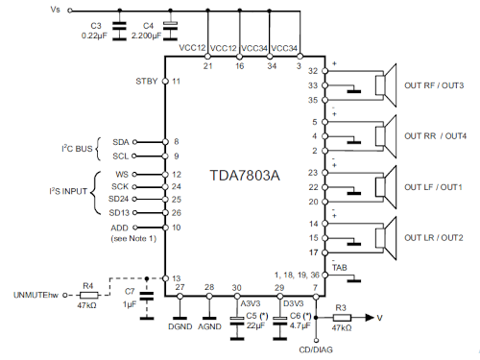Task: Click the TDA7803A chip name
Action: tap(245, 176)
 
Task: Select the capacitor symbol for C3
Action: tap(120, 31)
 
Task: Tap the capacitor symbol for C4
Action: tap(170, 31)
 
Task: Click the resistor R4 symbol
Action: tap(88, 295)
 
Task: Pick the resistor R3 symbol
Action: tap(342, 318)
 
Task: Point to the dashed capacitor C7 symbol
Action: tap(147, 297)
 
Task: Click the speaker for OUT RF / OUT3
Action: tap(386, 85)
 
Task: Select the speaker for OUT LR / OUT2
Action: tap(386, 238)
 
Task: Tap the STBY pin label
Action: tap(147, 82)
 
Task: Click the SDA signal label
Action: tap(121, 142)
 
